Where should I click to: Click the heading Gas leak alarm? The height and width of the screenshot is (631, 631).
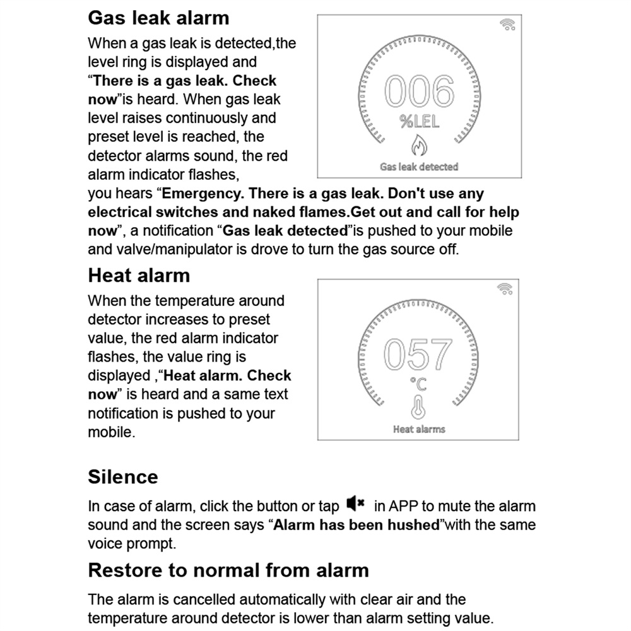tap(158, 17)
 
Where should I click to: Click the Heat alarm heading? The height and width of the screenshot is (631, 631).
tap(139, 275)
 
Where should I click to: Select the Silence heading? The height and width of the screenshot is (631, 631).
tap(122, 476)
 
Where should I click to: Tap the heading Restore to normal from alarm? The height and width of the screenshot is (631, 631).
tap(228, 570)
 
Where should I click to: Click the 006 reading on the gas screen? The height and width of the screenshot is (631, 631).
tap(419, 92)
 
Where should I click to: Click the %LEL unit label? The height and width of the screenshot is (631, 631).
tap(419, 122)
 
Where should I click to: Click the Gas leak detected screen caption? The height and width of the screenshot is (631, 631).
tap(419, 167)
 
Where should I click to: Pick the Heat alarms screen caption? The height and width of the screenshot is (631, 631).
tap(419, 429)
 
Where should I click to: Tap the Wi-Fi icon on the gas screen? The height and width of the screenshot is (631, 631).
tap(507, 25)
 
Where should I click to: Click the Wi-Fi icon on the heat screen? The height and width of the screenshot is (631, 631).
tap(505, 288)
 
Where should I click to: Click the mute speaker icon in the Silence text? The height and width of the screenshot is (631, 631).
tap(356, 504)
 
